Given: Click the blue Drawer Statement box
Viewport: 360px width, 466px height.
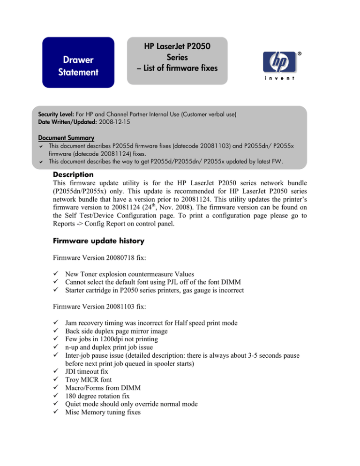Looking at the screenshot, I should (x=78, y=63).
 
